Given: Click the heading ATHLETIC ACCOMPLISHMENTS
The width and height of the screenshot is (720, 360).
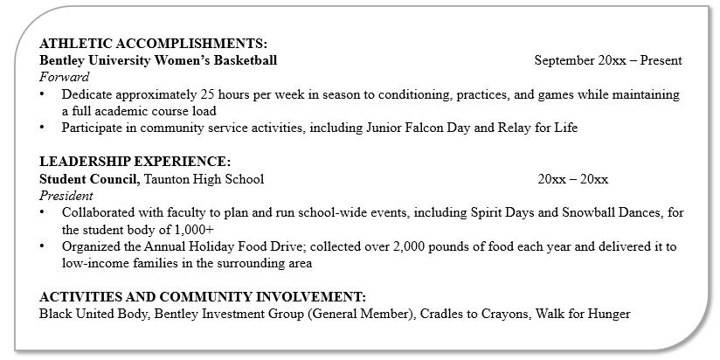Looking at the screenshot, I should pyautogui.click(x=154, y=44).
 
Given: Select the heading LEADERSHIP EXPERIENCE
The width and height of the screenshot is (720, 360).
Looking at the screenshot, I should pyautogui.click(x=135, y=162).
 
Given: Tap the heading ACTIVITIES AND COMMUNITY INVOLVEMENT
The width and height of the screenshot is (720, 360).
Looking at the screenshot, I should pyautogui.click(x=203, y=297).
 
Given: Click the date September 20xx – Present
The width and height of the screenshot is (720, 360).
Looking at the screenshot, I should pyautogui.click(x=608, y=60).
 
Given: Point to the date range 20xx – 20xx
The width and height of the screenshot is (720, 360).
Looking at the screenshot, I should pyautogui.click(x=573, y=179).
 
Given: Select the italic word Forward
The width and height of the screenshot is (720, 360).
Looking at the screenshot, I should pyautogui.click(x=65, y=77).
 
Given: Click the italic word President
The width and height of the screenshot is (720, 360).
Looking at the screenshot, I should pyautogui.click(x=66, y=196).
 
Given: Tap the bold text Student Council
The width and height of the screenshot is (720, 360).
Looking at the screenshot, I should pyautogui.click(x=88, y=179).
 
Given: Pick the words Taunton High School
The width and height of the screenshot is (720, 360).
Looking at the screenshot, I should pyautogui.click(x=204, y=179).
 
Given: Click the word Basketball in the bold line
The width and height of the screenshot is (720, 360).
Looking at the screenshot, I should pyautogui.click(x=243, y=60).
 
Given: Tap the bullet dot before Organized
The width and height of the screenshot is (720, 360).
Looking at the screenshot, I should pyautogui.click(x=44, y=246).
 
